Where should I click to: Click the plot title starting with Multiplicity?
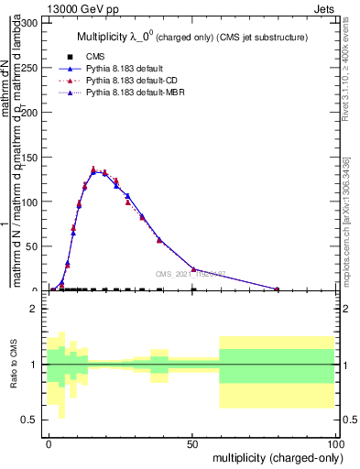click(x=191, y=38)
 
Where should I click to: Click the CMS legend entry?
click(x=94, y=57)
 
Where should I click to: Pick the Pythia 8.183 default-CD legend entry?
click(x=128, y=81)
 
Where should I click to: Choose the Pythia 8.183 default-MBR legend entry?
click(x=132, y=93)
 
